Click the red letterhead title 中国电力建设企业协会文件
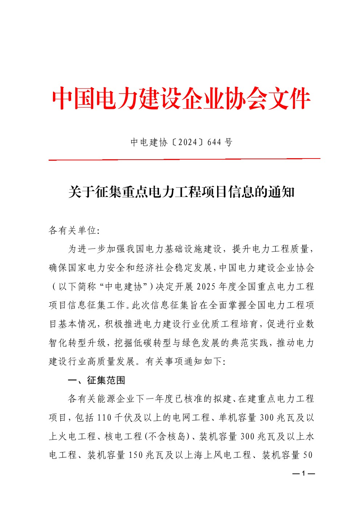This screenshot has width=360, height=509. pyautogui.click(x=181, y=99)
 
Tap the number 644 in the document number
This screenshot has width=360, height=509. pyautogui.click(x=214, y=142)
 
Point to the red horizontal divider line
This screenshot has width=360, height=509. pyautogui.click(x=184, y=159)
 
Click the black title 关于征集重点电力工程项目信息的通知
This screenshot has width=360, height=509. pyautogui.click(x=181, y=192)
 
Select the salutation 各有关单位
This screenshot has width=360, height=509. pyautogui.click(x=72, y=230)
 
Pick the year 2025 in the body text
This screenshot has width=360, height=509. pyautogui.click(x=206, y=287)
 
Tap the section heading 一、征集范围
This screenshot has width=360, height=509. pyautogui.click(x=97, y=380)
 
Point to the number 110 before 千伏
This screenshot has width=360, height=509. pyautogui.click(x=104, y=418)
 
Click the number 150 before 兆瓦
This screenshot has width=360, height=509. pyautogui.click(x=136, y=455)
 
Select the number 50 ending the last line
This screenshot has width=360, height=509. pyautogui.click(x=308, y=455)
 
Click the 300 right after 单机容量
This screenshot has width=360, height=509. pyautogui.click(x=267, y=418)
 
